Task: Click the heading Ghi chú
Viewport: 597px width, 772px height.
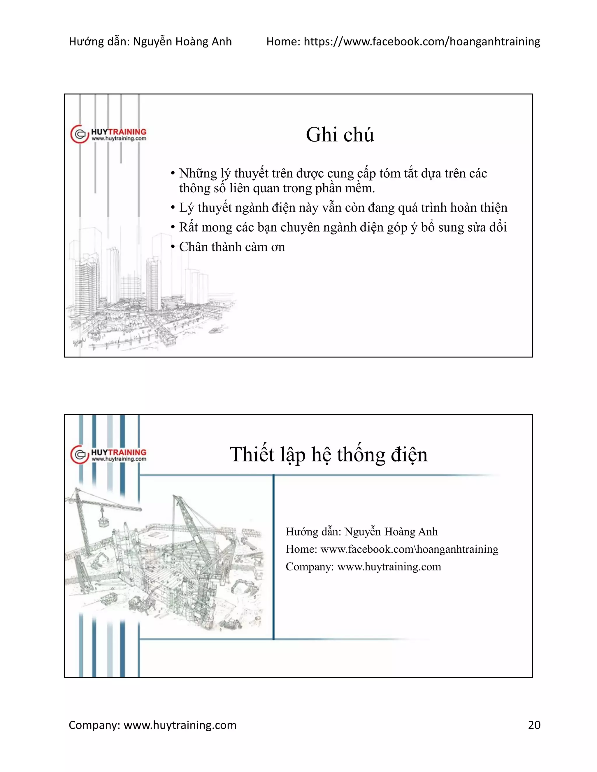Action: click(x=340, y=135)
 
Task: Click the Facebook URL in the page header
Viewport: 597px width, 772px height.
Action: click(x=422, y=42)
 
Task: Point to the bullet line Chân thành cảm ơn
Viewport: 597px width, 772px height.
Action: click(x=232, y=247)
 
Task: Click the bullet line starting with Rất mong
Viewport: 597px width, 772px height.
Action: click(x=342, y=227)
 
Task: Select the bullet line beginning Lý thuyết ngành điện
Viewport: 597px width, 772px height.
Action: click(x=343, y=207)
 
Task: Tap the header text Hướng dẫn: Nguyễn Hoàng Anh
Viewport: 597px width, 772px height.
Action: click(x=150, y=42)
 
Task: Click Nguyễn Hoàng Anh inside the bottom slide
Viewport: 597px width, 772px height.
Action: click(x=391, y=532)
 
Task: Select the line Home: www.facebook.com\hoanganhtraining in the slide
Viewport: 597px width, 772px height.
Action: click(x=392, y=549)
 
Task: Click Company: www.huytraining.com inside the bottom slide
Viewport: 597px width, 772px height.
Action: click(x=363, y=567)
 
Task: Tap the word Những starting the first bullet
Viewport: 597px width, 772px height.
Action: click(x=198, y=174)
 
